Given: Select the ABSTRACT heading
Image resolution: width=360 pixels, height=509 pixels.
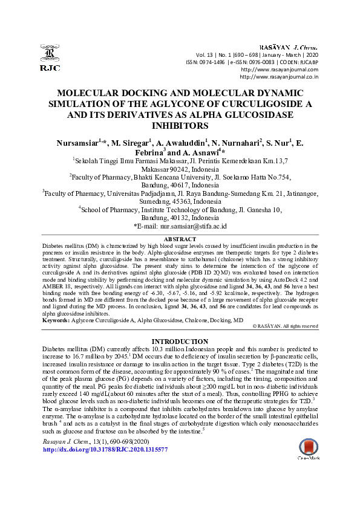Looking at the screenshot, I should pos(180,239).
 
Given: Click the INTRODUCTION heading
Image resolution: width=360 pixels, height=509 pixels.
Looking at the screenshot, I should pos(180,342).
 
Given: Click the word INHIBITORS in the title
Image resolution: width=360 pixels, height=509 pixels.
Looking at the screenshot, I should pos(180,126).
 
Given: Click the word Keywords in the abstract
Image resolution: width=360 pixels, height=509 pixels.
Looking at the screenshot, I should pos(56,319).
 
